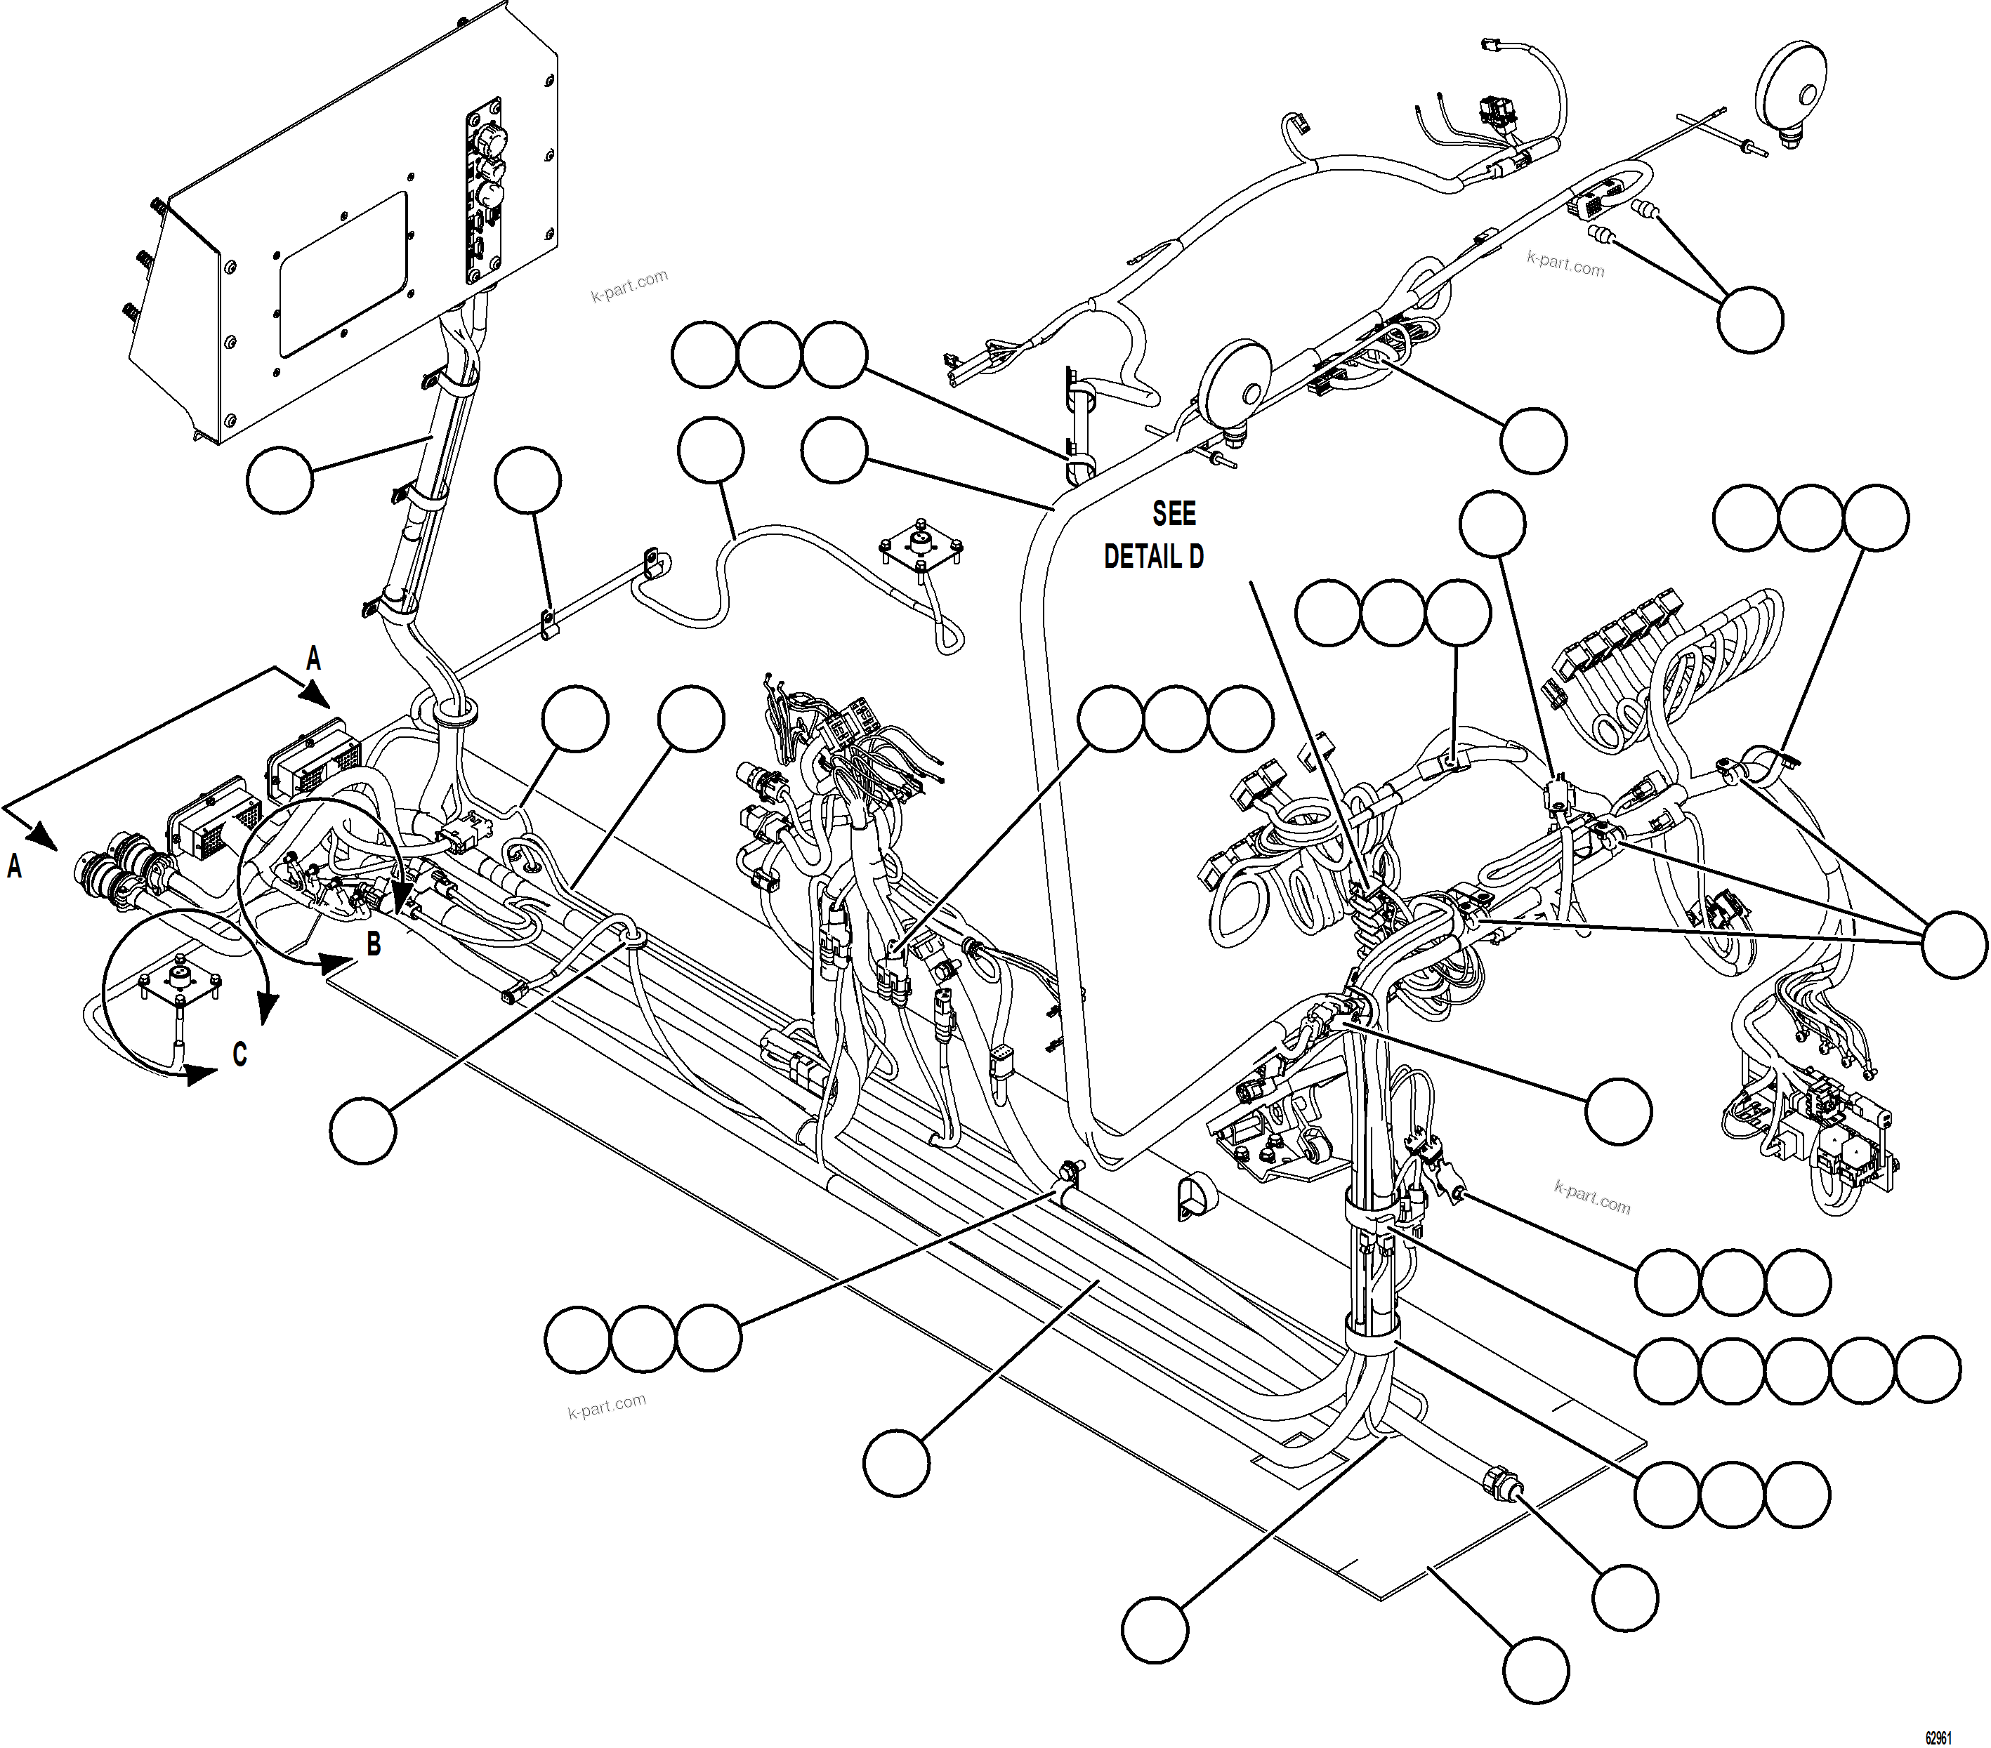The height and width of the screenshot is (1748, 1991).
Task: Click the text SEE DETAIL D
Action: click(x=1155, y=535)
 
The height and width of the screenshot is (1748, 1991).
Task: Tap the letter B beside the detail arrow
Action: click(x=373, y=943)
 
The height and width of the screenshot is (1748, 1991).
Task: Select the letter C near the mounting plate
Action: click(x=239, y=1054)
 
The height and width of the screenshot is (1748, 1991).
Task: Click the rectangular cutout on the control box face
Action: click(x=343, y=272)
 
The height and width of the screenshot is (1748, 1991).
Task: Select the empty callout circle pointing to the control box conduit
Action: click(x=280, y=480)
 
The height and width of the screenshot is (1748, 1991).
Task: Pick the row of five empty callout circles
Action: click(x=1797, y=1370)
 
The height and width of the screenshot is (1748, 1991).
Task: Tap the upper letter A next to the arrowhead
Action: click(x=313, y=659)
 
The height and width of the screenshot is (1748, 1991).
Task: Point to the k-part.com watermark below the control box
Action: click(x=629, y=285)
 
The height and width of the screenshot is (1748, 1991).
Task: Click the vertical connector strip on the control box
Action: click(x=484, y=190)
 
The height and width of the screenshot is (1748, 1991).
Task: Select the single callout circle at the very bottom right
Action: click(x=1536, y=1671)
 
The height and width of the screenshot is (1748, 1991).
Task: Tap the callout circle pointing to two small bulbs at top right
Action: click(x=1750, y=319)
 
